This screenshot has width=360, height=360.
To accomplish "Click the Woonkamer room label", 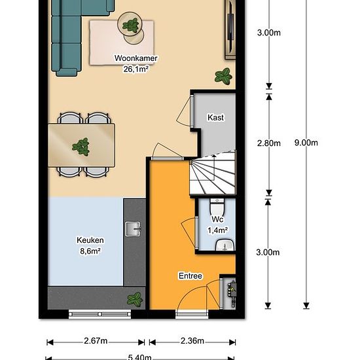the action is [135, 58].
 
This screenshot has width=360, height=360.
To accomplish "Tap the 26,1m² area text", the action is [135, 69].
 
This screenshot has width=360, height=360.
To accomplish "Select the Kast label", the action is [215, 117].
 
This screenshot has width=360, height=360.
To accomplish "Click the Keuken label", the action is [90, 240].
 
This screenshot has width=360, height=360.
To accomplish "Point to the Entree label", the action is [190, 276].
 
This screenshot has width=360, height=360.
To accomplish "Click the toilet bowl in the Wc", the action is [217, 207].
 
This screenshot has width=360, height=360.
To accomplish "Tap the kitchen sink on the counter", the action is [133, 229].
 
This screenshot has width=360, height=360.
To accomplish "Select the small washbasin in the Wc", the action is [225, 245].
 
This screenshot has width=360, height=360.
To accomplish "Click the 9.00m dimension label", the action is [306, 143].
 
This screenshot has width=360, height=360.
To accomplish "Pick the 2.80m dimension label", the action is [268, 143].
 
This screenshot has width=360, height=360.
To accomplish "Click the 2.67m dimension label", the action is [96, 341].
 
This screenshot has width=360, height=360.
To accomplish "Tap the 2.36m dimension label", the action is [192, 341].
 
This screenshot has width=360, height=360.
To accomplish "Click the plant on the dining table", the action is [81, 147].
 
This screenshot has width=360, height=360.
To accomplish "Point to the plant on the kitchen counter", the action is [135, 300].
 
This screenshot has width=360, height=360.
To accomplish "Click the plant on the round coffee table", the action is [131, 26].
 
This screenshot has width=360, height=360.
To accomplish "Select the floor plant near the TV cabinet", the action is [223, 76].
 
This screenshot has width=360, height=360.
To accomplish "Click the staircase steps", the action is [213, 175].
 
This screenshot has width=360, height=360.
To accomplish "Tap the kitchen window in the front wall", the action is [99, 314].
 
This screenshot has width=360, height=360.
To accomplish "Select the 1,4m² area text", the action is [218, 230].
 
